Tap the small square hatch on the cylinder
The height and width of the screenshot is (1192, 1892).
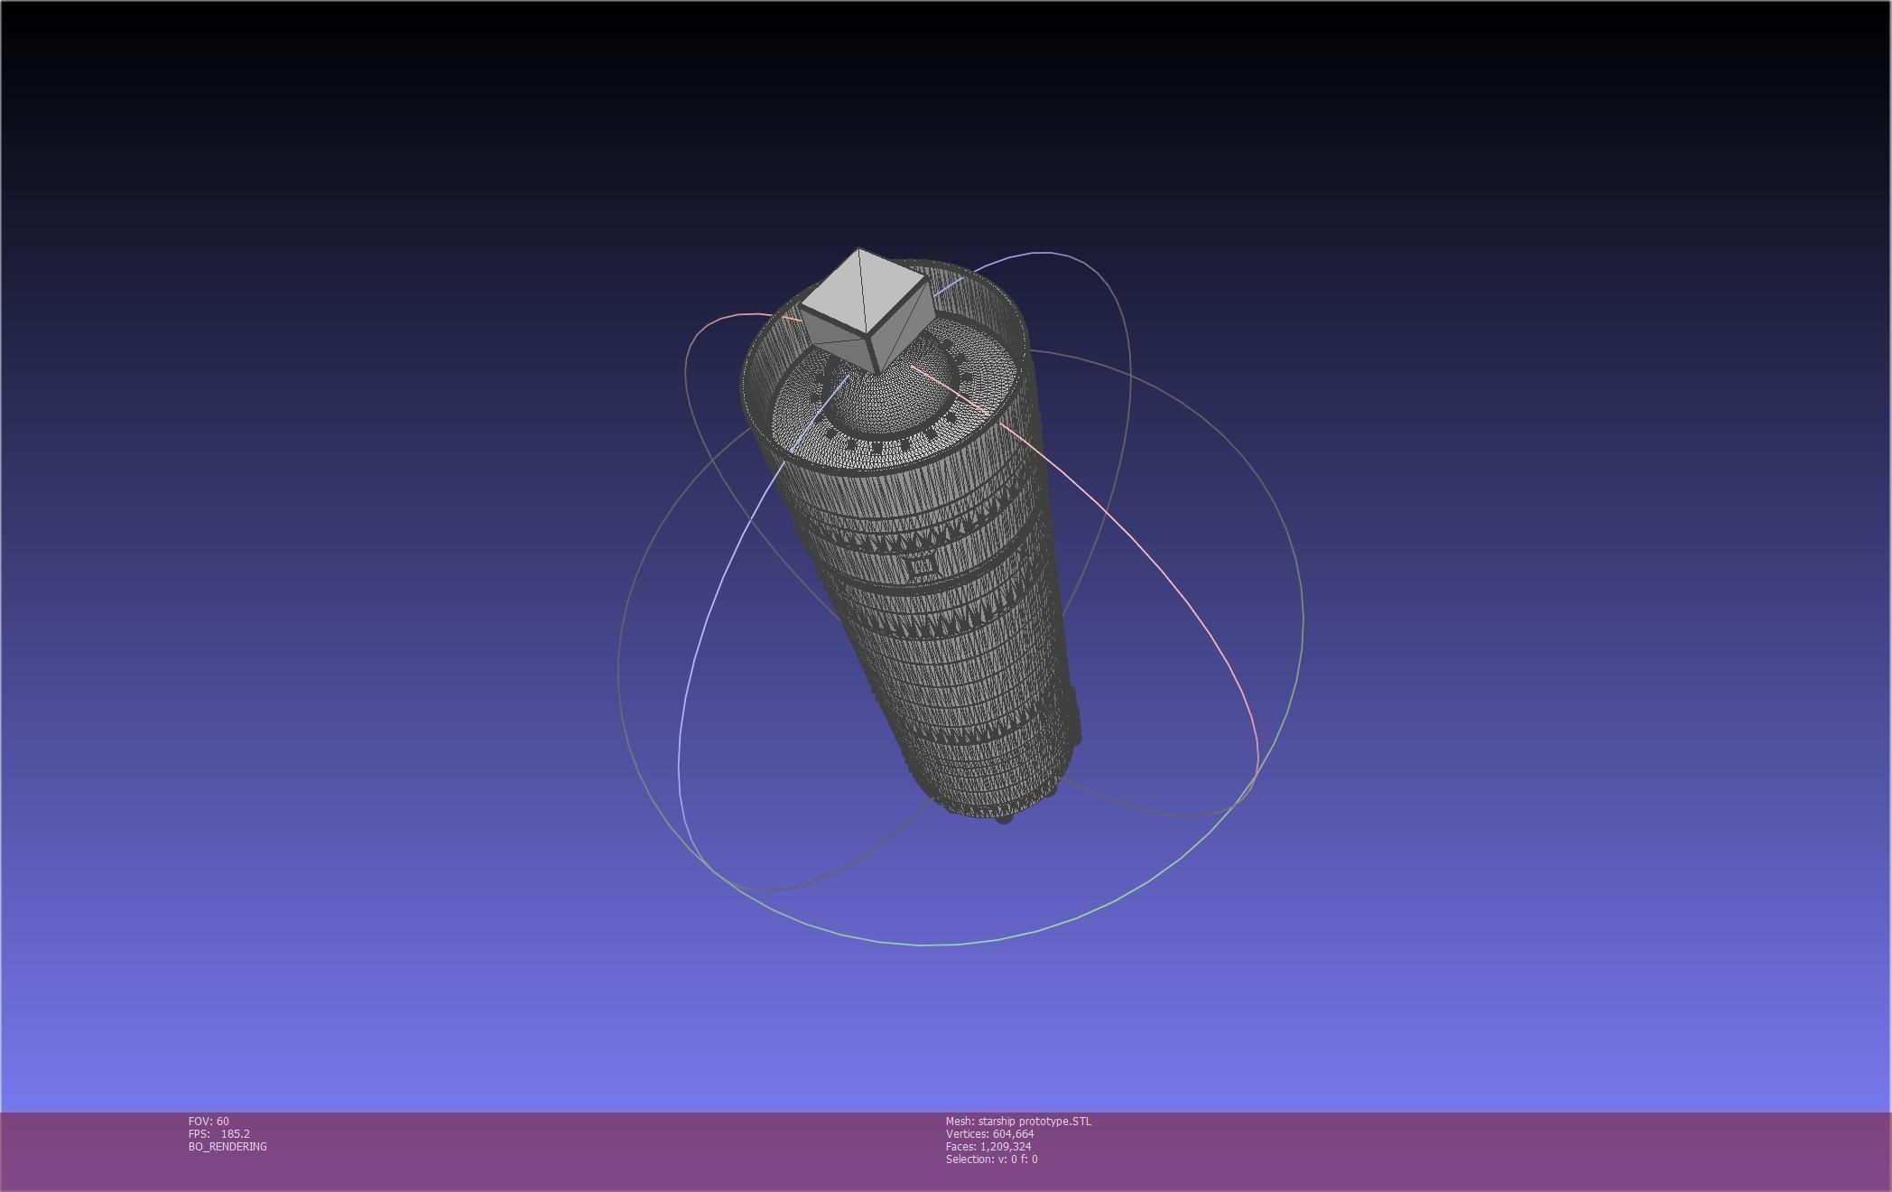(921, 567)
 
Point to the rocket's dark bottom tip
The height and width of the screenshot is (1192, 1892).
(1004, 818)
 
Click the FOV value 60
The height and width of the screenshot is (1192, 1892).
(223, 1122)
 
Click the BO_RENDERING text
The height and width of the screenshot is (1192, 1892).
(227, 1147)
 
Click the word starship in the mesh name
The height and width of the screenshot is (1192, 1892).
(997, 1122)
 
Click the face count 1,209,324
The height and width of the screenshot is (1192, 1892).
(1006, 1147)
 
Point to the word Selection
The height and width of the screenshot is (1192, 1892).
(968, 1159)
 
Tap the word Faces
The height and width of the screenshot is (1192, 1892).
(960, 1147)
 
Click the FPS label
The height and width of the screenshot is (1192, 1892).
(199, 1134)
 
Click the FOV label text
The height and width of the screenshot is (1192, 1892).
(199, 1122)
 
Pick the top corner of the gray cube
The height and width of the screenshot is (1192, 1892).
(858, 249)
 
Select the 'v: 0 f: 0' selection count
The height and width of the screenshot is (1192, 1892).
(1015, 1159)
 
